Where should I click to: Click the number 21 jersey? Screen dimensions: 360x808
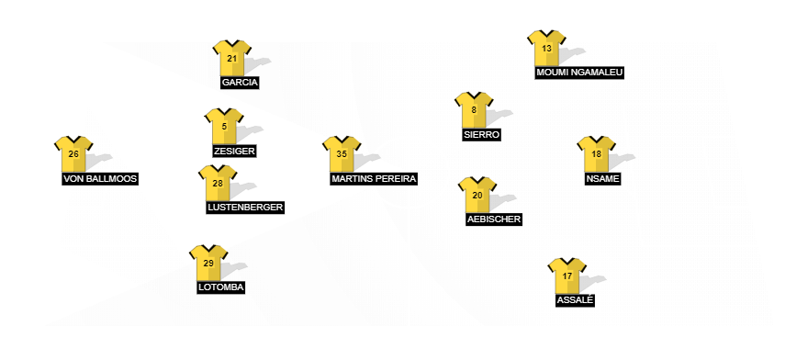(231, 58)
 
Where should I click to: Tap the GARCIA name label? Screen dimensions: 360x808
(240, 83)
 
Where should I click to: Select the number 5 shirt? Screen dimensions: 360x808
(224, 126)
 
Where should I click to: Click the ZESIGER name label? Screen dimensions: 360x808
(234, 151)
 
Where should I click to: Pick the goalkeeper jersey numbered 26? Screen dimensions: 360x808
(73, 153)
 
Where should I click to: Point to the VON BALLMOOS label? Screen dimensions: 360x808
(100, 178)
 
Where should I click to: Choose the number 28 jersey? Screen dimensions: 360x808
(218, 183)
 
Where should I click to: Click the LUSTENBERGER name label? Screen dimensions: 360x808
(245, 207)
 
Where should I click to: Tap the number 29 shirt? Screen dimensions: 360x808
(208, 263)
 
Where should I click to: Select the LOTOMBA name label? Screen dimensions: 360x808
(221, 287)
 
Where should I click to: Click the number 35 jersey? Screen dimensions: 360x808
(342, 153)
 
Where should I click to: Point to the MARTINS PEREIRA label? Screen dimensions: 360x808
(375, 178)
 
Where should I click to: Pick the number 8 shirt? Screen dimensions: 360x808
(474, 110)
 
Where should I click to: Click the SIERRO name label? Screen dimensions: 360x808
(482, 134)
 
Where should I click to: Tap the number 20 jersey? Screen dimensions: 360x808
(477, 195)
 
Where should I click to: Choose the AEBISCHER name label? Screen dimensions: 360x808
(494, 219)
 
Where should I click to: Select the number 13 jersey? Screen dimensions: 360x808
(546, 48)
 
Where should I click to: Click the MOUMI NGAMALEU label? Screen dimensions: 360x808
(580, 72)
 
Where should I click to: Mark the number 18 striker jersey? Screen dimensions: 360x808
(596, 153)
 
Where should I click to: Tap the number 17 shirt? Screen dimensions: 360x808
(567, 276)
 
